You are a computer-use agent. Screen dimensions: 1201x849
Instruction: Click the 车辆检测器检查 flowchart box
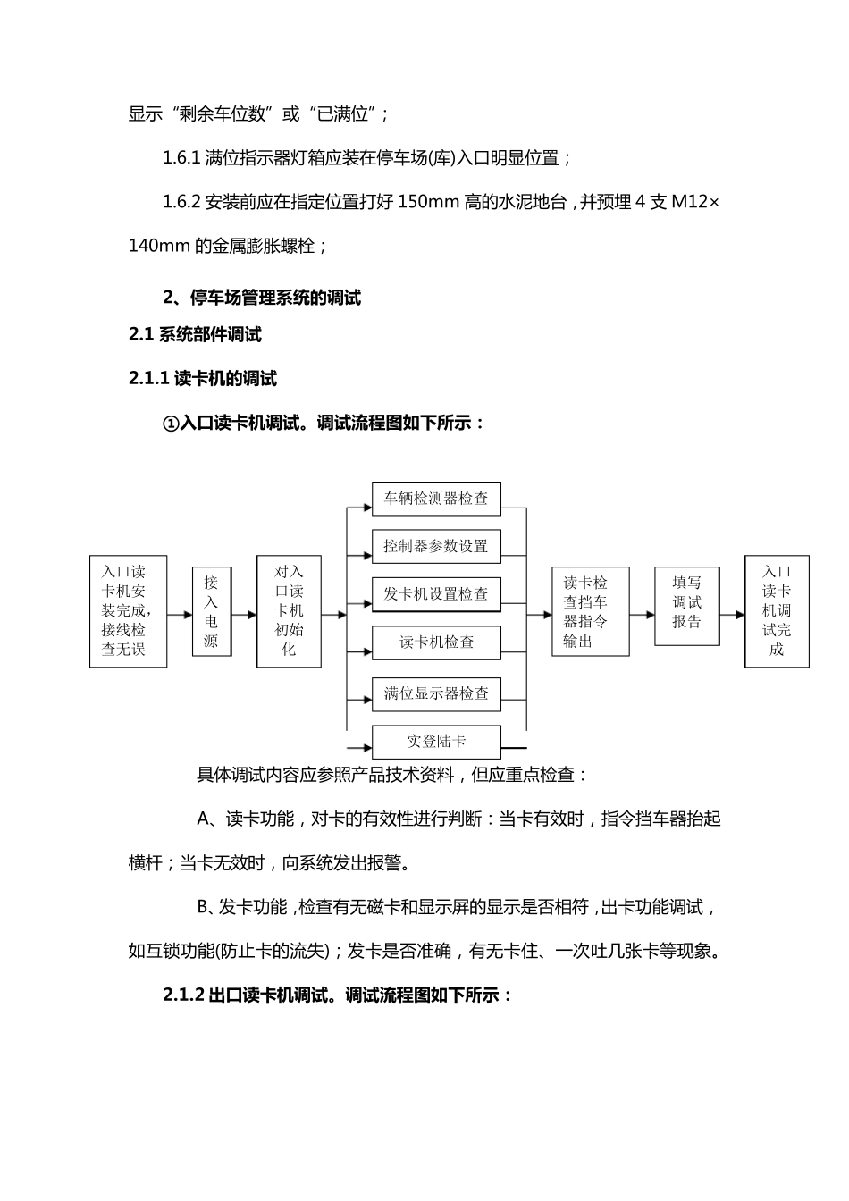pos(436,499)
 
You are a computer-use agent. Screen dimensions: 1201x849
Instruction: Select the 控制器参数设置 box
pos(436,546)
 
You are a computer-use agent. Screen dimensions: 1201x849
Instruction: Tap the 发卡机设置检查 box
pos(436,594)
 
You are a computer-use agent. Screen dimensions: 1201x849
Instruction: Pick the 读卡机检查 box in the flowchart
pos(436,642)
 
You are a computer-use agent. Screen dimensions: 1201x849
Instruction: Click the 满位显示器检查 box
pos(436,693)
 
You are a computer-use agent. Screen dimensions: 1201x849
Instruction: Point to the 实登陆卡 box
pos(436,742)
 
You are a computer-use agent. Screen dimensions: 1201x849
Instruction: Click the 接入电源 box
pos(211,612)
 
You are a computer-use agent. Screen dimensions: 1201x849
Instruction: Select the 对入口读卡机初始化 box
pos(289,611)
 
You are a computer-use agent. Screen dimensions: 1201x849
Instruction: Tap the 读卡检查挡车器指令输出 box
pos(591,612)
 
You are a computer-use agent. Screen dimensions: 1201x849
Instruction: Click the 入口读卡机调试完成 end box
pos(777,611)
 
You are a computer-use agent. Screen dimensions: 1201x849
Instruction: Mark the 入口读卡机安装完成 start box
pos(129,611)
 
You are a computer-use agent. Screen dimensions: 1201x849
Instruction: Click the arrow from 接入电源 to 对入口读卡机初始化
pos(244,615)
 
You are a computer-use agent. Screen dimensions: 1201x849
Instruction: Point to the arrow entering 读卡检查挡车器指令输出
pos(540,615)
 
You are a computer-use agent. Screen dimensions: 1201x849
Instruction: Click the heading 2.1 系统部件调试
pos(195,335)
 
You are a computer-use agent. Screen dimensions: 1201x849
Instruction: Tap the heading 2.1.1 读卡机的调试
pos(203,379)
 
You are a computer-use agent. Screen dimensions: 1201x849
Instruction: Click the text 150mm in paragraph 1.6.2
pos(428,202)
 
